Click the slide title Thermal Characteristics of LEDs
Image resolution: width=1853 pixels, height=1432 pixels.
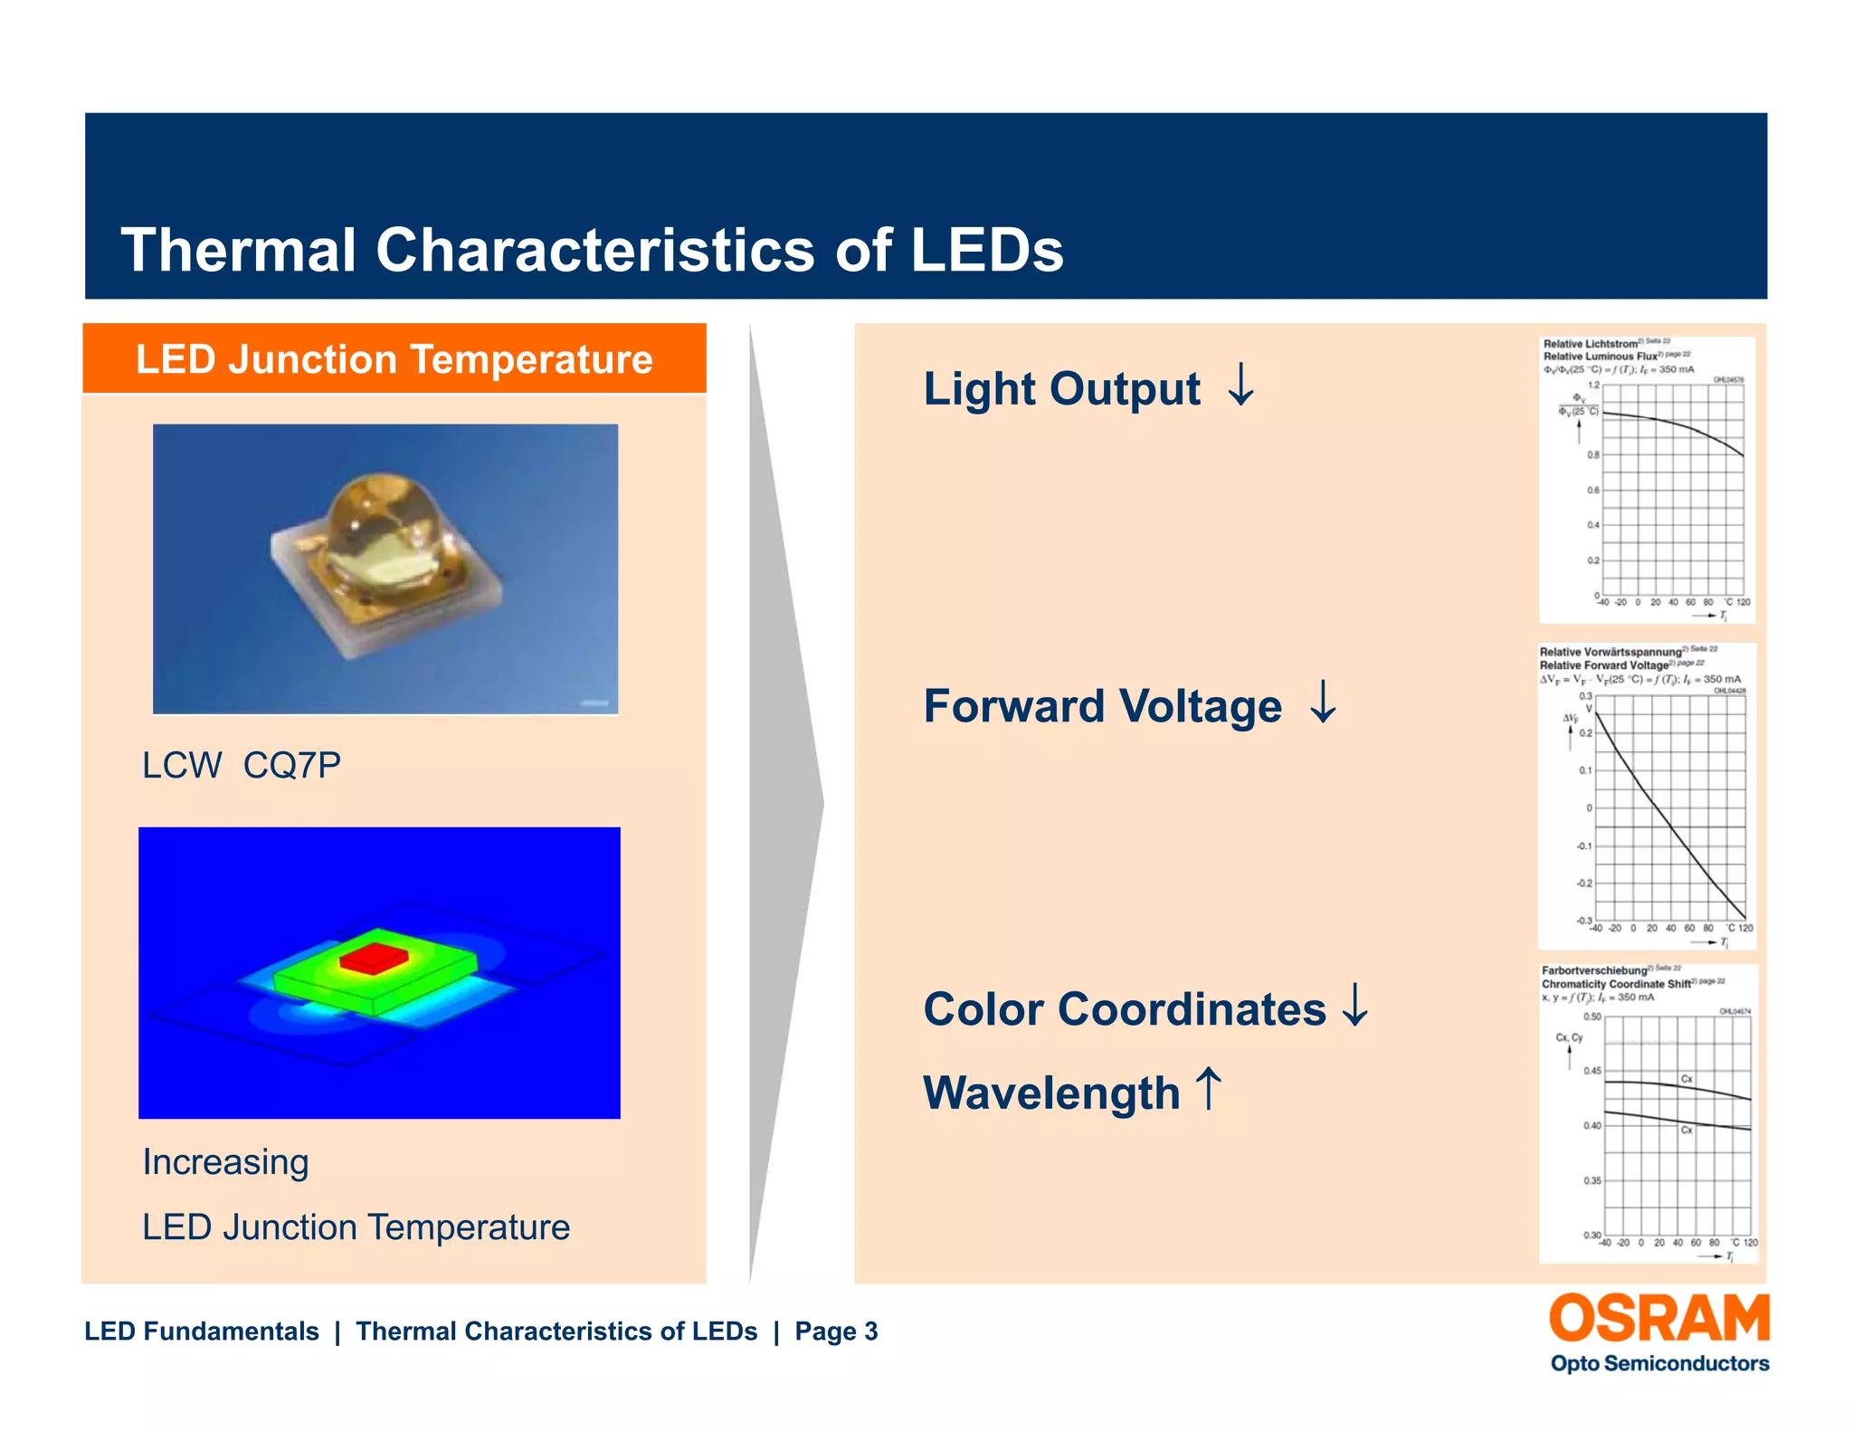tap(592, 250)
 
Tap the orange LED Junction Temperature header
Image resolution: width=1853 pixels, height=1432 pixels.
tap(394, 359)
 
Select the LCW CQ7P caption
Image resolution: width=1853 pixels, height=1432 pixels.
tap(242, 766)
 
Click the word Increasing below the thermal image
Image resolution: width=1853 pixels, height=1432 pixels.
tap(225, 1162)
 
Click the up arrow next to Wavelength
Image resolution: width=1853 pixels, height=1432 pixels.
tap(1208, 1088)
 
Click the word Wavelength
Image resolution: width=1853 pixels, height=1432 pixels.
tap(1051, 1093)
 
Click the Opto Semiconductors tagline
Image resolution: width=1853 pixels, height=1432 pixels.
tap(1659, 1363)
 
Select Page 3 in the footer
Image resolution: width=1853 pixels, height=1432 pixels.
tap(836, 1332)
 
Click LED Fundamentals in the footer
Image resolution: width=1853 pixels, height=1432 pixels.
tap(201, 1332)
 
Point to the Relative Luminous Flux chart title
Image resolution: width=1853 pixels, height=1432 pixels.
tap(1600, 357)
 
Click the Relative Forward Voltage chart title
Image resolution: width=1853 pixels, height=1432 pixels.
tap(1603, 665)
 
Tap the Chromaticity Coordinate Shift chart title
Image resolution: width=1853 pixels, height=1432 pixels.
tap(1616, 984)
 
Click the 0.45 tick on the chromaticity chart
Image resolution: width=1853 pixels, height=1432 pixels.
tap(1592, 1071)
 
